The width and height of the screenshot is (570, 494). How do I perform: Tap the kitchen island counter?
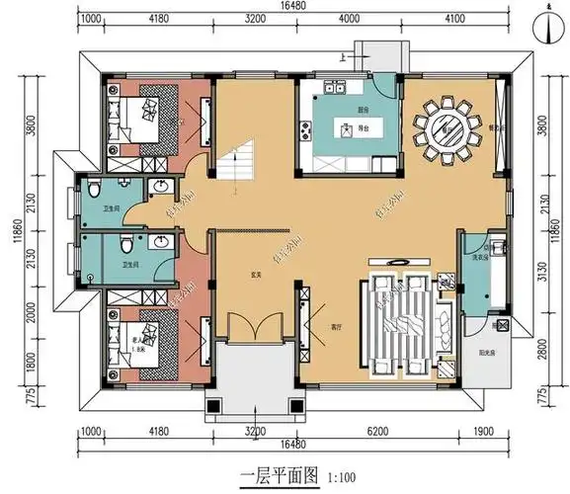click(x=347, y=127)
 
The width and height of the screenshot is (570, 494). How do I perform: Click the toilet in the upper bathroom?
click(x=92, y=187)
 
